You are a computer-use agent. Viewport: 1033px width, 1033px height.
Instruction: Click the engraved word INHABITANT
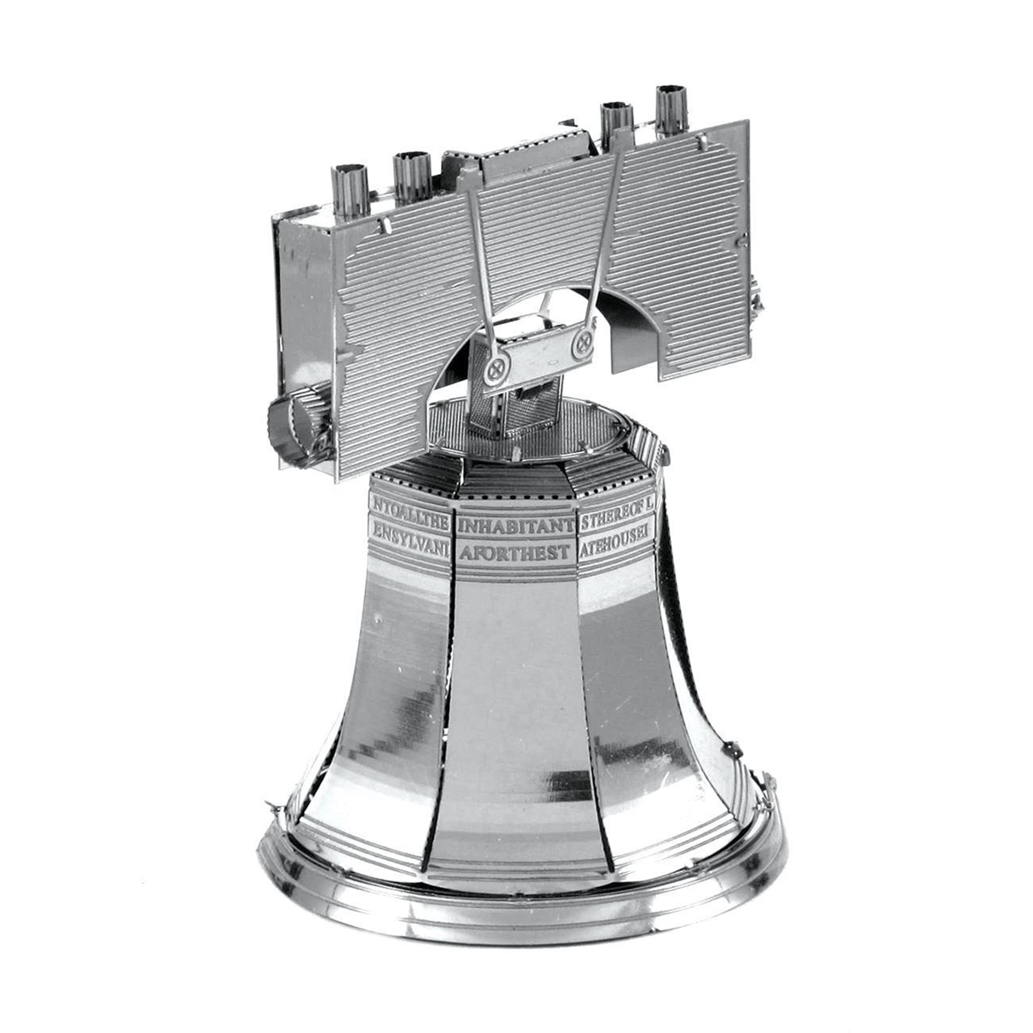[x=516, y=524]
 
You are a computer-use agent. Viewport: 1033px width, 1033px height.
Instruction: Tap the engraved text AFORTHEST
[x=514, y=552]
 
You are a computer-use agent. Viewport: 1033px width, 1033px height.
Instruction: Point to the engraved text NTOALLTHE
[x=410, y=501]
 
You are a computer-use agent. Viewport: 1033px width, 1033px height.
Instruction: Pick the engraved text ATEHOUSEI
[x=615, y=546]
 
